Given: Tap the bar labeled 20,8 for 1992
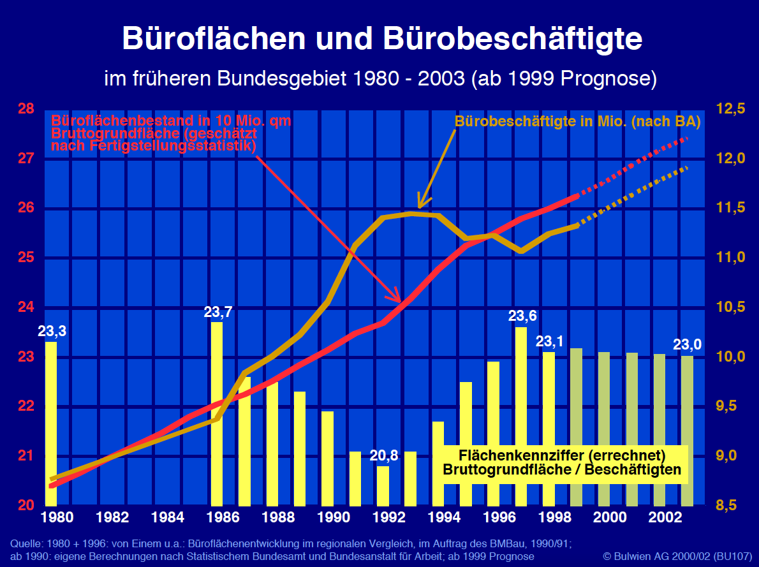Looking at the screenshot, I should pos(383,485).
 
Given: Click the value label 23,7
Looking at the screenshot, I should pos(218,313).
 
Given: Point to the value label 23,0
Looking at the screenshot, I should pos(688,345).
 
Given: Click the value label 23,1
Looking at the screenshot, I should pos(549,341).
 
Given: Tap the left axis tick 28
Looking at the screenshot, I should pos(26,109).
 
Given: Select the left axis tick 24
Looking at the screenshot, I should pos(26,307).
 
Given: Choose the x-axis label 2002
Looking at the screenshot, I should pos(660,517).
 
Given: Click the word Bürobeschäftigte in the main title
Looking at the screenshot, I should pos(513,38).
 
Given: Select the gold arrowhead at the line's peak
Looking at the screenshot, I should pos(419,203).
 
